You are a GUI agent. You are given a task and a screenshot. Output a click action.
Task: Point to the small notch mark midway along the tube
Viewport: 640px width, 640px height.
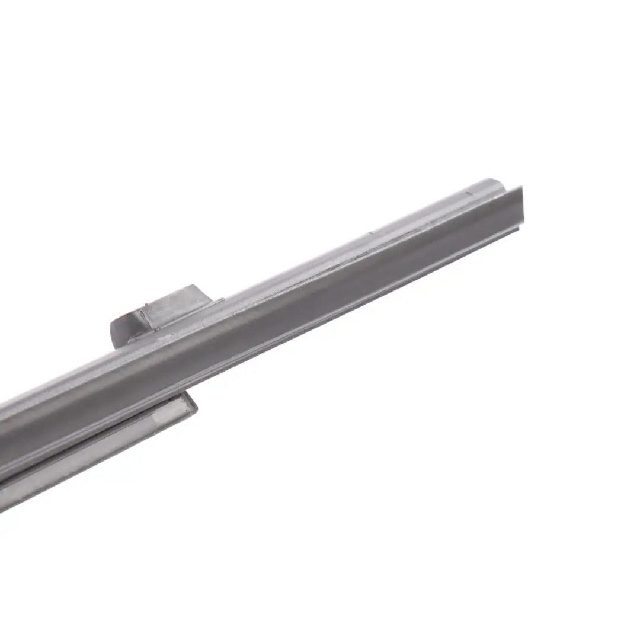(370, 233)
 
